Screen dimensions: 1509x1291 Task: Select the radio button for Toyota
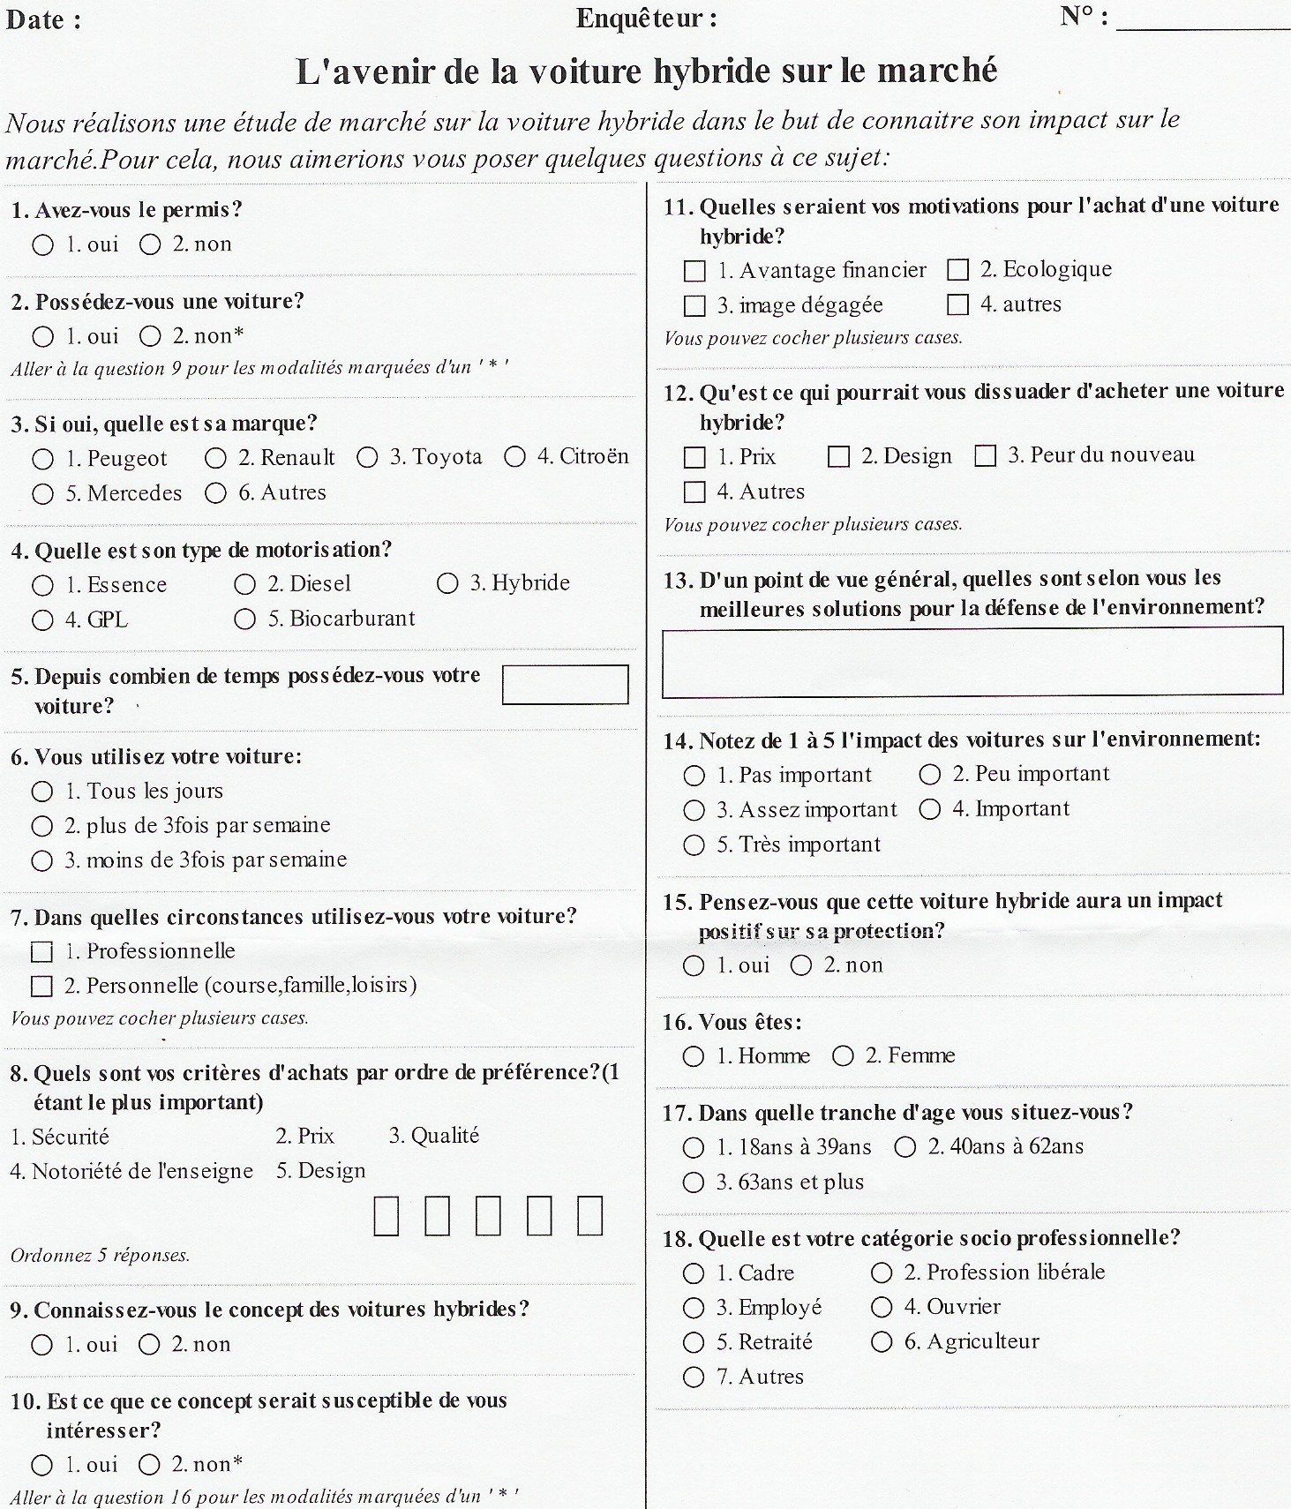pos(367,457)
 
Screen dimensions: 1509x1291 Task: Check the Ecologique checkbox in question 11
pos(957,269)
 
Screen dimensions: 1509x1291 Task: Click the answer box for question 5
pos(565,685)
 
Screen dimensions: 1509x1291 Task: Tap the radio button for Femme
pos(844,1055)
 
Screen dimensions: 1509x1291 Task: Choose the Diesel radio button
pos(244,584)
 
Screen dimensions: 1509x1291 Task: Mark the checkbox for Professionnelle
pos(41,952)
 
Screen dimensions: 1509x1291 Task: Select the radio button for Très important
pos(694,845)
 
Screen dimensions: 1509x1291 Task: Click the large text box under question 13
pos(972,662)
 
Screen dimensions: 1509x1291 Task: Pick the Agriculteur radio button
pos(882,1342)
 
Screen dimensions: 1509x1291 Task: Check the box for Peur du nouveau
pos(985,455)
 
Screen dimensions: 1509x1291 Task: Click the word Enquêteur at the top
pos(639,19)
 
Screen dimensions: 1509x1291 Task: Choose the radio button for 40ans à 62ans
pos(905,1147)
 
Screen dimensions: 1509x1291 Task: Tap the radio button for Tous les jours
pos(41,792)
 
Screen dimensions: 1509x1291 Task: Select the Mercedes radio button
pos(42,493)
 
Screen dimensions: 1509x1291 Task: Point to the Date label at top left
pos(37,19)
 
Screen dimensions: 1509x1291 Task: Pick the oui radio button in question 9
pos(41,1345)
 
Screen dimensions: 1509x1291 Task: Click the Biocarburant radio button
pos(244,619)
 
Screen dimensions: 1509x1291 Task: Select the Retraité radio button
pos(694,1342)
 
